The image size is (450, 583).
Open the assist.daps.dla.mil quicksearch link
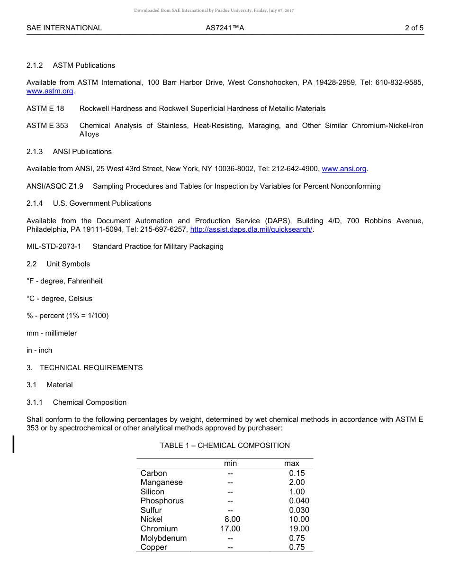click(251, 229)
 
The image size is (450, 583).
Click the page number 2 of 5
click(414, 28)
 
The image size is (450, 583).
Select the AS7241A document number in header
click(225, 28)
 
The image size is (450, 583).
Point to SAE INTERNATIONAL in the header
click(64, 28)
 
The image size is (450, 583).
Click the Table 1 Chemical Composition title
click(225, 446)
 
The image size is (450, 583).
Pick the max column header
click(291, 463)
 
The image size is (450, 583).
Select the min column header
click(230, 463)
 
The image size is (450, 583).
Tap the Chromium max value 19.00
click(299, 529)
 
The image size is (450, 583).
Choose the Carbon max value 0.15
click(297, 473)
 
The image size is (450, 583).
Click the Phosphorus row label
click(162, 501)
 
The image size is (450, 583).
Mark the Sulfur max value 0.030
click(299, 510)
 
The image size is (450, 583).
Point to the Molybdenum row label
click(163, 538)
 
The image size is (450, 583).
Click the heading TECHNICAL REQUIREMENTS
click(91, 368)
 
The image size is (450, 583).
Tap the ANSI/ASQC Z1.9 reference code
click(55, 186)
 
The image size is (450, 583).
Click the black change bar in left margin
click(14, 444)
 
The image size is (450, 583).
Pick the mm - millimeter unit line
click(52, 333)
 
